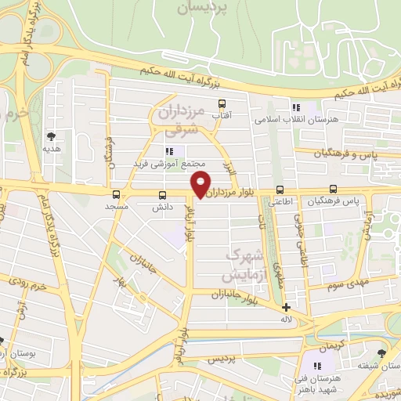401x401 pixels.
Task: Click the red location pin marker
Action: [x=201, y=182]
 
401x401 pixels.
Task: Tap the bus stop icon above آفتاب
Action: [x=222, y=103]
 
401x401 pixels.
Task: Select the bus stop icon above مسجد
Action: [x=116, y=193]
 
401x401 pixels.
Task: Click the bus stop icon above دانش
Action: [x=162, y=194]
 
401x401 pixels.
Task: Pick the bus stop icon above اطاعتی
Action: [x=280, y=190]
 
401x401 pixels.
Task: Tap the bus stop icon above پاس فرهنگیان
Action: [x=334, y=189]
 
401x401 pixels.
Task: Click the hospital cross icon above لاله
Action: [x=287, y=307]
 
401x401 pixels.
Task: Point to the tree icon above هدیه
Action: [x=52, y=135]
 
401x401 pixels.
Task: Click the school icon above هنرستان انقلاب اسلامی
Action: [x=295, y=107]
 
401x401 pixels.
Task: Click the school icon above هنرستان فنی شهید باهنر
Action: [x=318, y=366]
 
